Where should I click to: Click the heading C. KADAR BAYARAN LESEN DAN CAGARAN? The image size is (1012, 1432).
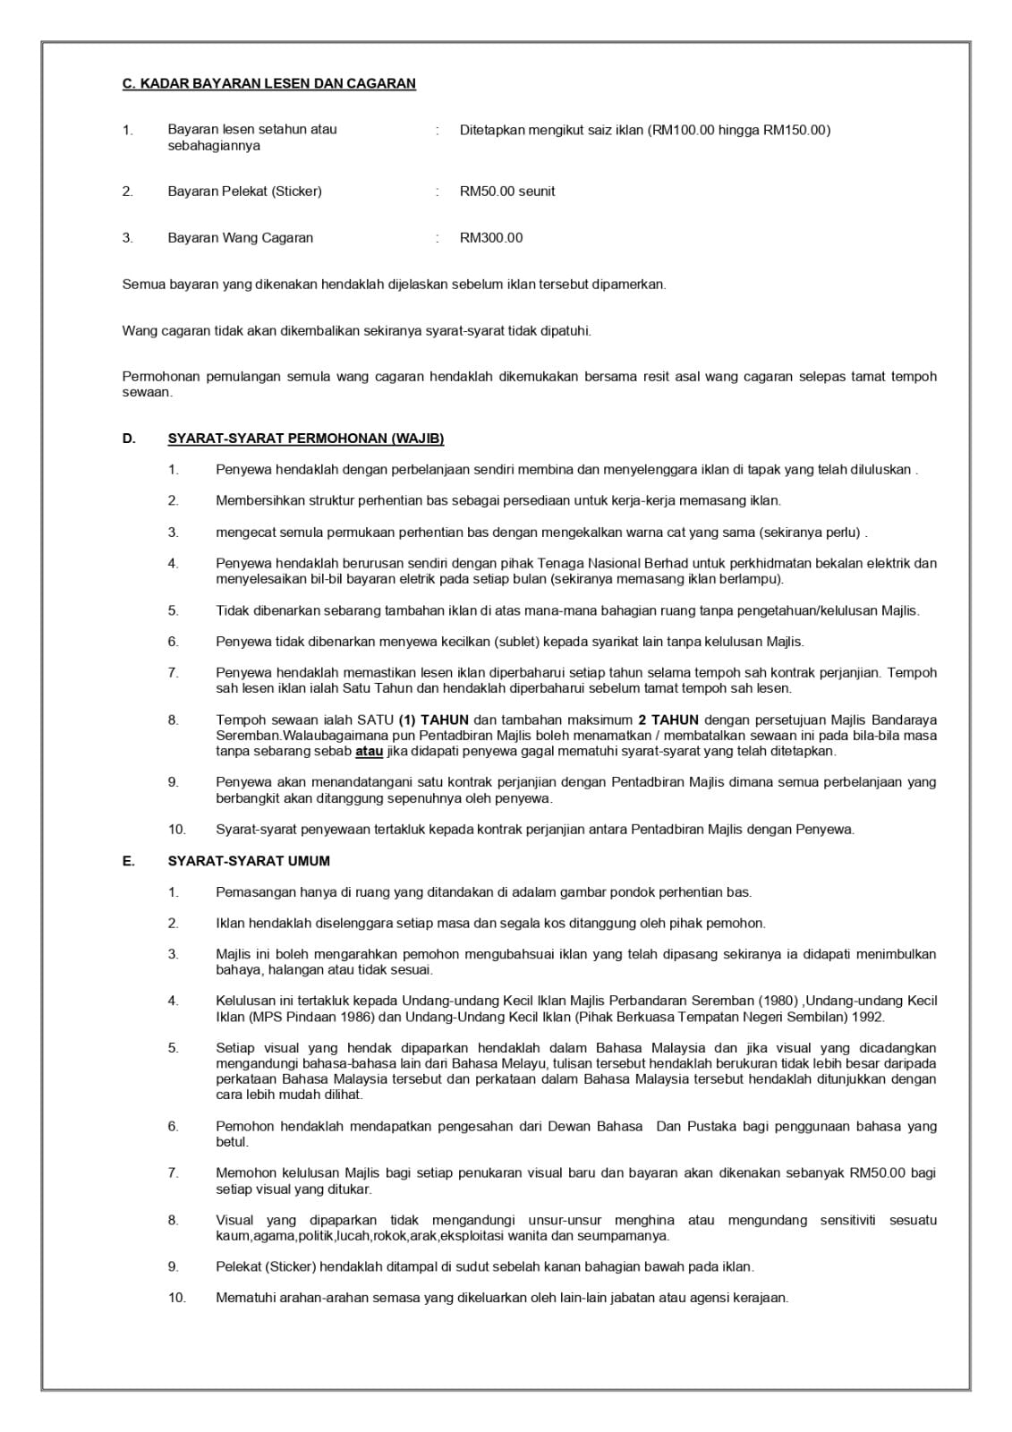(268, 84)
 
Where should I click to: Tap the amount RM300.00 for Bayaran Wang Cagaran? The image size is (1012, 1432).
(491, 238)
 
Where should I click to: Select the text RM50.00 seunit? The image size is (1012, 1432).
(507, 192)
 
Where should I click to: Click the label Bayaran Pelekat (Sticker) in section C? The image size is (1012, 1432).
(244, 192)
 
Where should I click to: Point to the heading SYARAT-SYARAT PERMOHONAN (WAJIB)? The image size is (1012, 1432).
(306, 439)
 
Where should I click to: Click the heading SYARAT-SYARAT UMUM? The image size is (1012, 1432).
(249, 861)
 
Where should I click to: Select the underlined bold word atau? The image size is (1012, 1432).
(369, 751)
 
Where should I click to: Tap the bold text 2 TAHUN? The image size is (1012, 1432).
(668, 720)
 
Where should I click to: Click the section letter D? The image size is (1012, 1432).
(129, 439)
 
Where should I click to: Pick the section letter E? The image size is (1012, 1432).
(129, 861)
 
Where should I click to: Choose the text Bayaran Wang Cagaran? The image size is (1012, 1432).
(241, 238)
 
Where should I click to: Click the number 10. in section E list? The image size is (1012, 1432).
(176, 1298)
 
